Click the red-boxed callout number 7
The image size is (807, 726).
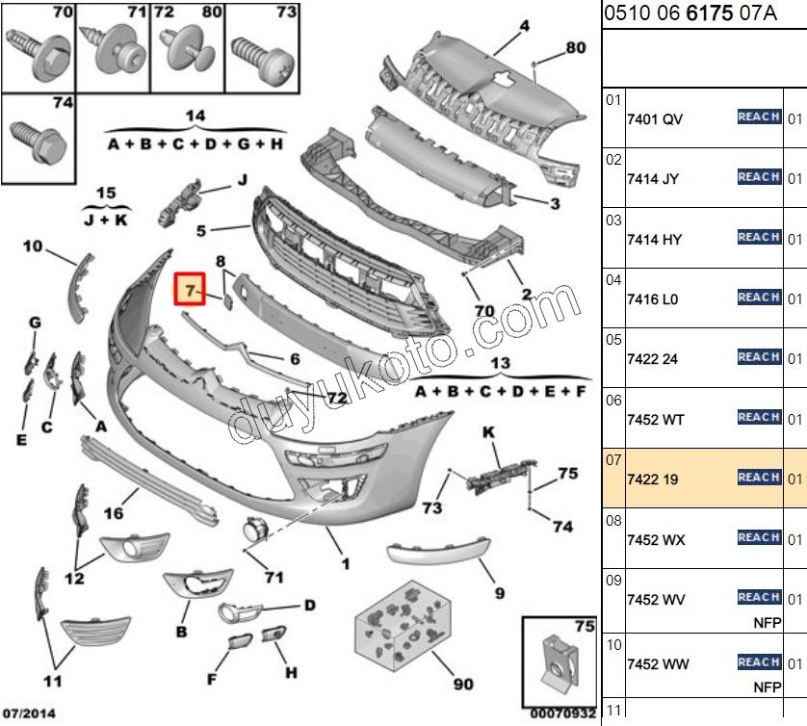pos(190,288)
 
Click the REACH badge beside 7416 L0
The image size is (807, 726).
pos(759,298)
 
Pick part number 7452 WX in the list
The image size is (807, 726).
pos(656,540)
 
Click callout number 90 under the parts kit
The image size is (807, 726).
pos(463,685)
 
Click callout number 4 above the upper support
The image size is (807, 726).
pos(525,26)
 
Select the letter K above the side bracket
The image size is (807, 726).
pos(488,434)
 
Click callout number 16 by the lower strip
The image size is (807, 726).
pos(113,514)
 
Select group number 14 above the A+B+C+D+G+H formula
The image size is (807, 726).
pos(195,117)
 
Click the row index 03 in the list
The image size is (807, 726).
pos(613,220)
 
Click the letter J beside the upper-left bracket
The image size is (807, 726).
pos(243,180)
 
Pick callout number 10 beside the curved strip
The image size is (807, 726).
pos(33,247)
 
